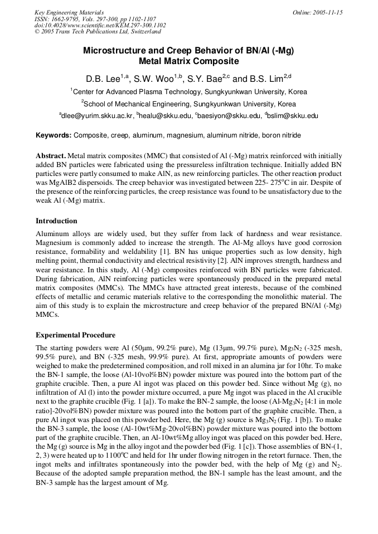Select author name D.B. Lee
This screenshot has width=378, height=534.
tap(103, 79)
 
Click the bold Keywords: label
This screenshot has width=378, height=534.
tap(54, 135)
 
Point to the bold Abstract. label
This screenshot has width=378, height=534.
tap(51, 156)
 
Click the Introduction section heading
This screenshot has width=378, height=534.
tap(56, 221)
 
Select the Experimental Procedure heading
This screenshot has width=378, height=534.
tap(75, 335)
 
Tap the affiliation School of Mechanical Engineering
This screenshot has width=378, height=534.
tap(141, 104)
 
